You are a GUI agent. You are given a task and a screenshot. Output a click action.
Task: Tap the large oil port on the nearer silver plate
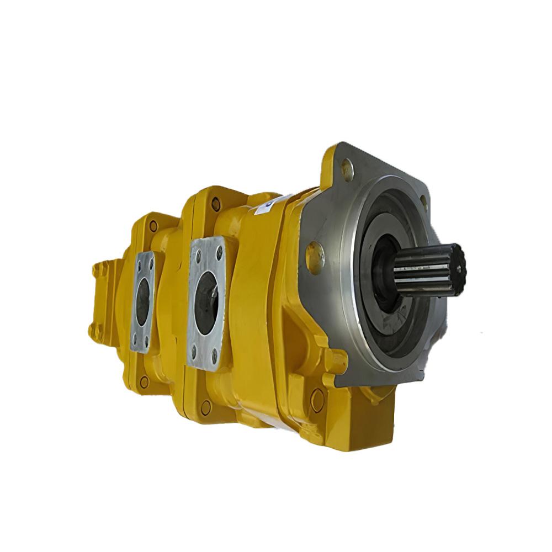(x=208, y=304)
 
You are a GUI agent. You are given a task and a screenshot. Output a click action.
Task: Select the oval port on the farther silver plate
(x=143, y=301)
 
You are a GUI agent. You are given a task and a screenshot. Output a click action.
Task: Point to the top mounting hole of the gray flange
(x=347, y=169)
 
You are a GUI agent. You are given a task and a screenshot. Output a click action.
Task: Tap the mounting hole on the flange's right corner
(x=423, y=203)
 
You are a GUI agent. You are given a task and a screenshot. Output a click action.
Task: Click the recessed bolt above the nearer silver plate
(x=216, y=204)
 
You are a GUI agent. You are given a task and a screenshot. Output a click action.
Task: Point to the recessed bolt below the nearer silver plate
(x=205, y=408)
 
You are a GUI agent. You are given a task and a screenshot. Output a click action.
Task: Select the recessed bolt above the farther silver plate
(x=153, y=225)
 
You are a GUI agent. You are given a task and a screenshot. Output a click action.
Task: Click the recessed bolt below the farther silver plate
(x=144, y=381)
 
